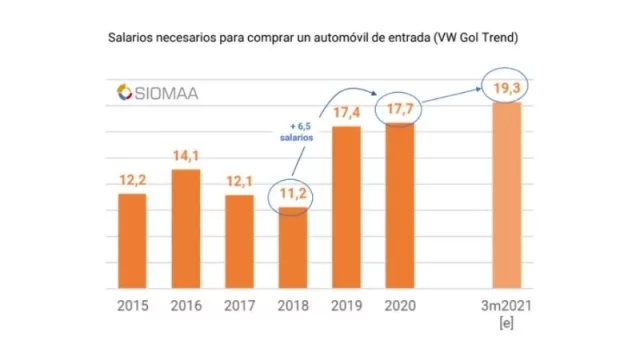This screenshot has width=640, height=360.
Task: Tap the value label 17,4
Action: (345, 113)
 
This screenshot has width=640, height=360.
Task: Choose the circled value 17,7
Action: (399, 108)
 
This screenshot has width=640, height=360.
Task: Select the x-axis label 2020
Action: (399, 306)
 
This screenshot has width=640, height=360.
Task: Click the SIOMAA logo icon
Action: (124, 92)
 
